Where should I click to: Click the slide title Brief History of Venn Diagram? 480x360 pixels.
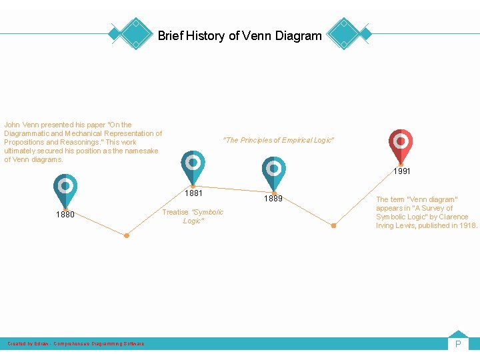[239, 36]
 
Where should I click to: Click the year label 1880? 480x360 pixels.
[65, 215]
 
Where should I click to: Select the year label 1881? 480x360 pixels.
[193, 194]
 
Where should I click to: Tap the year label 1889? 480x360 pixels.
[273, 199]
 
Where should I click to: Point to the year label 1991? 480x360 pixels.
[401, 171]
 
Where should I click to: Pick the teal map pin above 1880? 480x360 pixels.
[65, 189]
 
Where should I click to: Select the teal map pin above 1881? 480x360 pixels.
[193, 165]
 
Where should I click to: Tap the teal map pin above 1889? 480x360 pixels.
[273, 171]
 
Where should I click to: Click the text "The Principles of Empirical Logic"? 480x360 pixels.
[279, 140]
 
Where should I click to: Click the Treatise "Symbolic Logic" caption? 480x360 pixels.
[193, 216]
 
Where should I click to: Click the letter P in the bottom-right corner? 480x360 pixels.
[458, 344]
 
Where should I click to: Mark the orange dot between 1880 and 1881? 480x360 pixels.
[127, 235]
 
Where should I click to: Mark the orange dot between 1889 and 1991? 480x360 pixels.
[334, 225]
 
